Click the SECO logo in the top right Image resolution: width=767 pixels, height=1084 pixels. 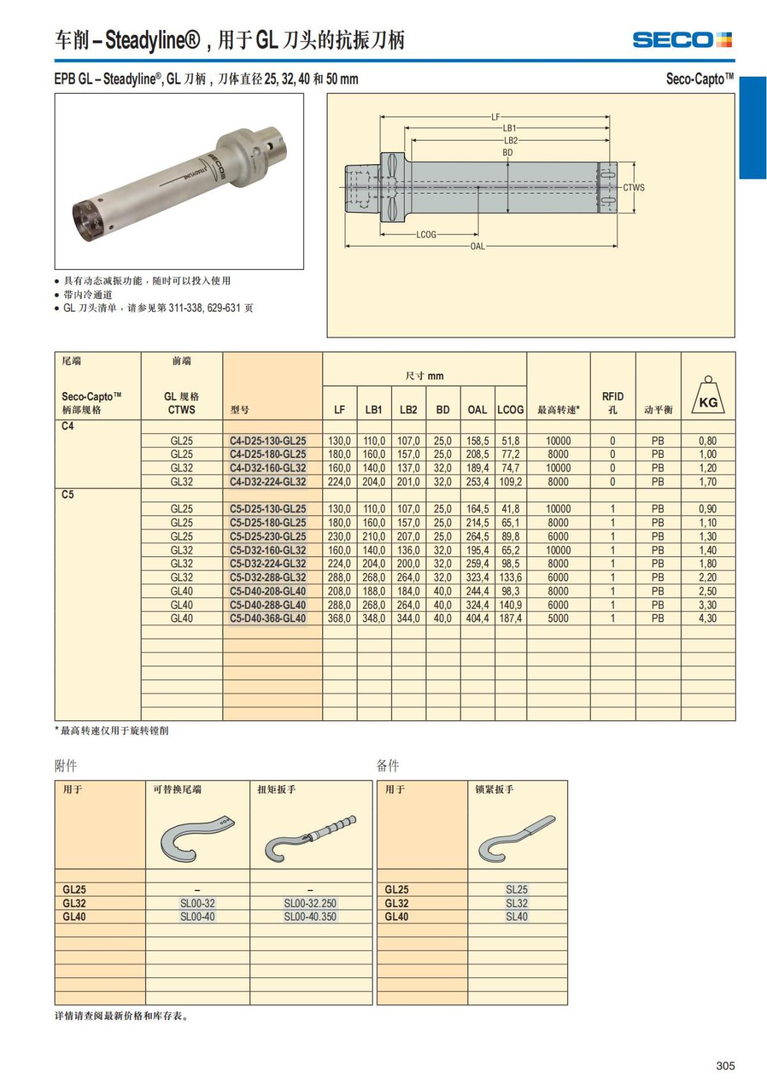point(682,40)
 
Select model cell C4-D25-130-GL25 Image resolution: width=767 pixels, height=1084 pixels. point(268,441)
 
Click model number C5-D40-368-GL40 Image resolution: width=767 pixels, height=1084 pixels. point(268,618)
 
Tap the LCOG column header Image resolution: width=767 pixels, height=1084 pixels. point(510,409)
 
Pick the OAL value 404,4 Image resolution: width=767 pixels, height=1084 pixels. point(477,618)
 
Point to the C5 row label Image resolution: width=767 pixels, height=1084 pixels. point(68,494)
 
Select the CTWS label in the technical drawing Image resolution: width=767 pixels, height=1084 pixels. point(633,188)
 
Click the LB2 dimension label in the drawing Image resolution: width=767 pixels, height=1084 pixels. point(510,141)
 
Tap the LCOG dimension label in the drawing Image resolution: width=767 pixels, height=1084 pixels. point(426,234)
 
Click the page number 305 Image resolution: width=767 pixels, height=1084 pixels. point(725,1065)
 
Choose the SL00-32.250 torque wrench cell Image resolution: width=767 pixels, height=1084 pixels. point(310,903)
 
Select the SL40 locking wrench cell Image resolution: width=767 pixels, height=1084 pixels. point(516,917)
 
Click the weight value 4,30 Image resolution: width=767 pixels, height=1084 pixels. point(708,618)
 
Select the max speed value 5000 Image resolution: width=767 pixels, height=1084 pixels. point(558,618)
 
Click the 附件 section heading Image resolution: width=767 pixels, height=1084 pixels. point(66,765)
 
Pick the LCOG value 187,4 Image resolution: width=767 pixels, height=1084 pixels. point(510,618)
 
